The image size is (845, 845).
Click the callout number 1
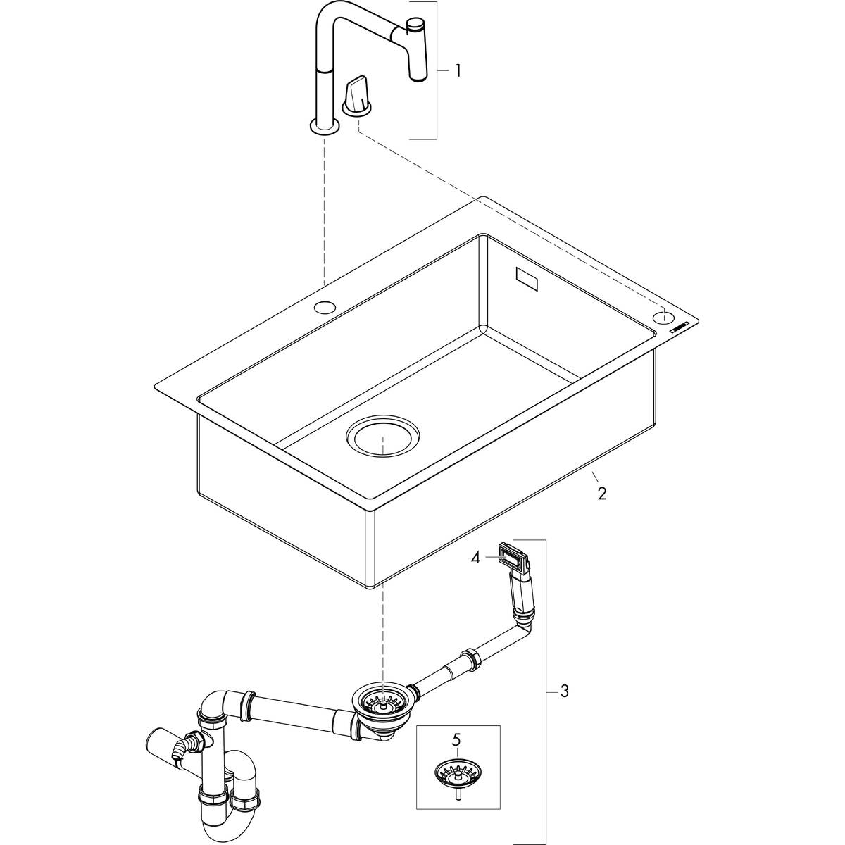[x=458, y=70]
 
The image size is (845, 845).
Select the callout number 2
[x=601, y=492]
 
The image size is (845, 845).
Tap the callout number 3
[x=563, y=691]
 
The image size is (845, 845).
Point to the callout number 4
[x=477, y=558]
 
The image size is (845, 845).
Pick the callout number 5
[x=457, y=740]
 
